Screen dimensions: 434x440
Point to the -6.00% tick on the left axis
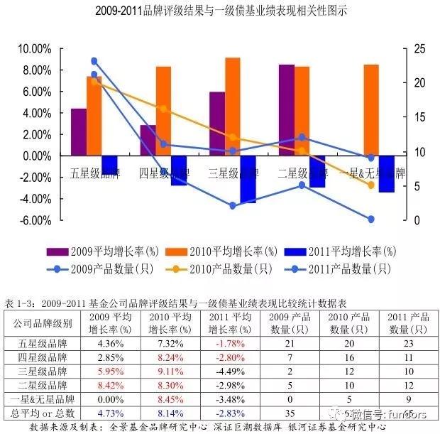point(35,221)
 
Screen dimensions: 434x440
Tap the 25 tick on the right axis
point(419,49)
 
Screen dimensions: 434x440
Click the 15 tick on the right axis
point(419,118)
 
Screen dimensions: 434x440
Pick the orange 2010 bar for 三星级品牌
point(232,107)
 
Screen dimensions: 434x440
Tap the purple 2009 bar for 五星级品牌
point(79,132)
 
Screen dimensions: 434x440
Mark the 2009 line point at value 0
point(370,219)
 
